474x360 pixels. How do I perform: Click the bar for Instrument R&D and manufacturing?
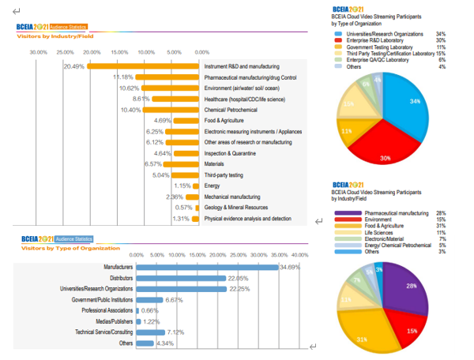click(x=142, y=66)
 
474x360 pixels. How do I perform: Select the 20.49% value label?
click(x=74, y=66)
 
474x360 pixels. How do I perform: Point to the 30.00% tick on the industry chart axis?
click(x=38, y=52)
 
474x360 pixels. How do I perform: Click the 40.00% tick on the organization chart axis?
click(x=299, y=255)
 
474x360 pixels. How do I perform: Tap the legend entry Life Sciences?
click(x=362, y=233)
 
